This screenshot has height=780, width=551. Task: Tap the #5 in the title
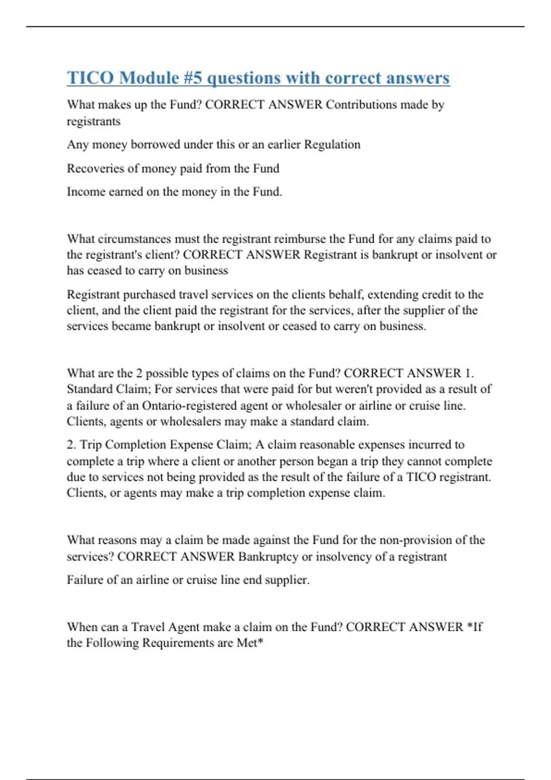pos(192,78)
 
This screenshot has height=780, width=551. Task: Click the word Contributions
pos(361,105)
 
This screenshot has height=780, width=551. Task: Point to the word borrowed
pos(155,145)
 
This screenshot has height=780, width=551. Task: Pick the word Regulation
pos(332,145)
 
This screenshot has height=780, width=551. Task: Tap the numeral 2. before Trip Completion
pos(72,445)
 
